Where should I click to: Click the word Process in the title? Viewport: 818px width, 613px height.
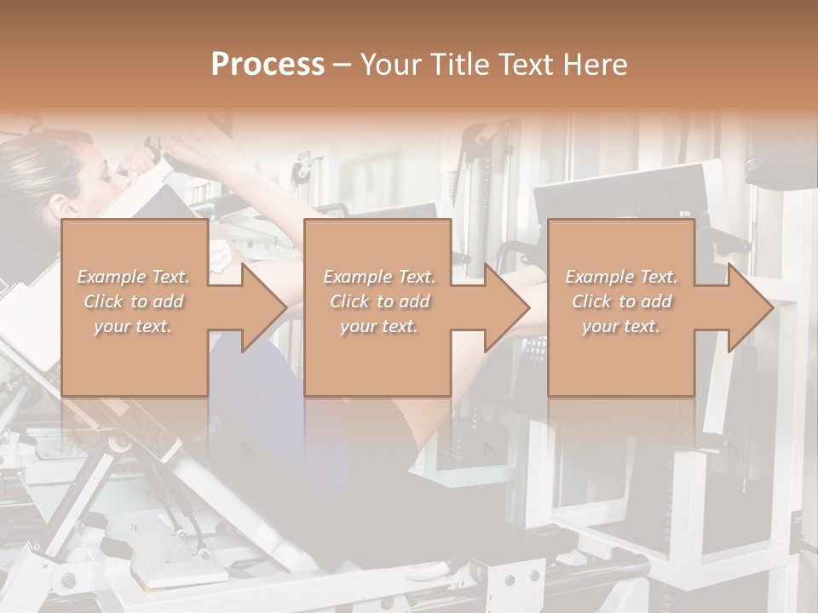click(x=268, y=64)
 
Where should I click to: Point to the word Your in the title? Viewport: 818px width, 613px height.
click(x=392, y=64)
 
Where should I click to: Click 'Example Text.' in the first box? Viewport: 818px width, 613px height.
click(x=133, y=277)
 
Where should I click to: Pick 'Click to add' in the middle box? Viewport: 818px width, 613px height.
click(x=380, y=301)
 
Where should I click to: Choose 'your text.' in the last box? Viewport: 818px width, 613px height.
click(x=621, y=326)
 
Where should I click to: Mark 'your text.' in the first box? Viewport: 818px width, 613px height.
click(x=133, y=326)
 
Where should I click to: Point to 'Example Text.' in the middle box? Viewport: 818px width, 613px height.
click(x=379, y=277)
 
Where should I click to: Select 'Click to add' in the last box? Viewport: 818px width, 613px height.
click(x=622, y=301)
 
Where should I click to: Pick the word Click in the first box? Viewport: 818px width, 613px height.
click(x=103, y=301)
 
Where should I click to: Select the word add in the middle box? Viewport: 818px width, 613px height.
click(x=413, y=301)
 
